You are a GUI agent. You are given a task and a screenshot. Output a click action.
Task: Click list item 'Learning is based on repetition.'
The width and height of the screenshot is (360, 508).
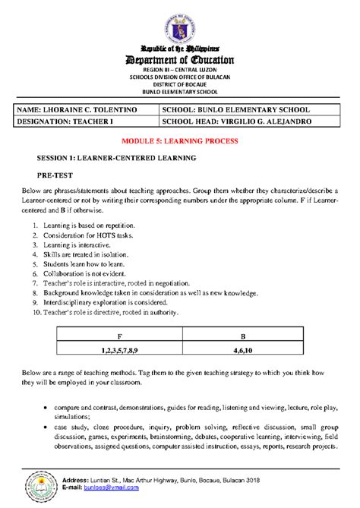[90, 226]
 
